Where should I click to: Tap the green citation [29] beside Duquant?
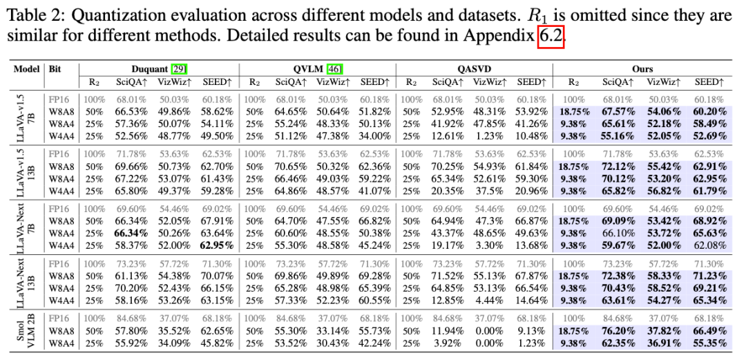178,69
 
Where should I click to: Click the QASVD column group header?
474,69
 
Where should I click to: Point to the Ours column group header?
642,69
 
